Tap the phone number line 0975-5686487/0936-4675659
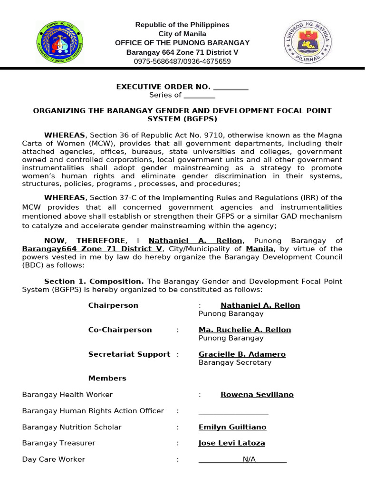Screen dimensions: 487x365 pos(182,61)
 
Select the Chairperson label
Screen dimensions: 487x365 pos(113,305)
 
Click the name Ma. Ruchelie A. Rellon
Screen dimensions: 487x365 pos(245,330)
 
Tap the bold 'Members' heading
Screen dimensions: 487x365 pos(107,378)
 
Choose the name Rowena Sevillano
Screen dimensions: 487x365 pos(257,395)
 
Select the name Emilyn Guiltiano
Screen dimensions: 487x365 pos(232,427)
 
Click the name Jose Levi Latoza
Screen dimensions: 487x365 pos(231,443)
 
